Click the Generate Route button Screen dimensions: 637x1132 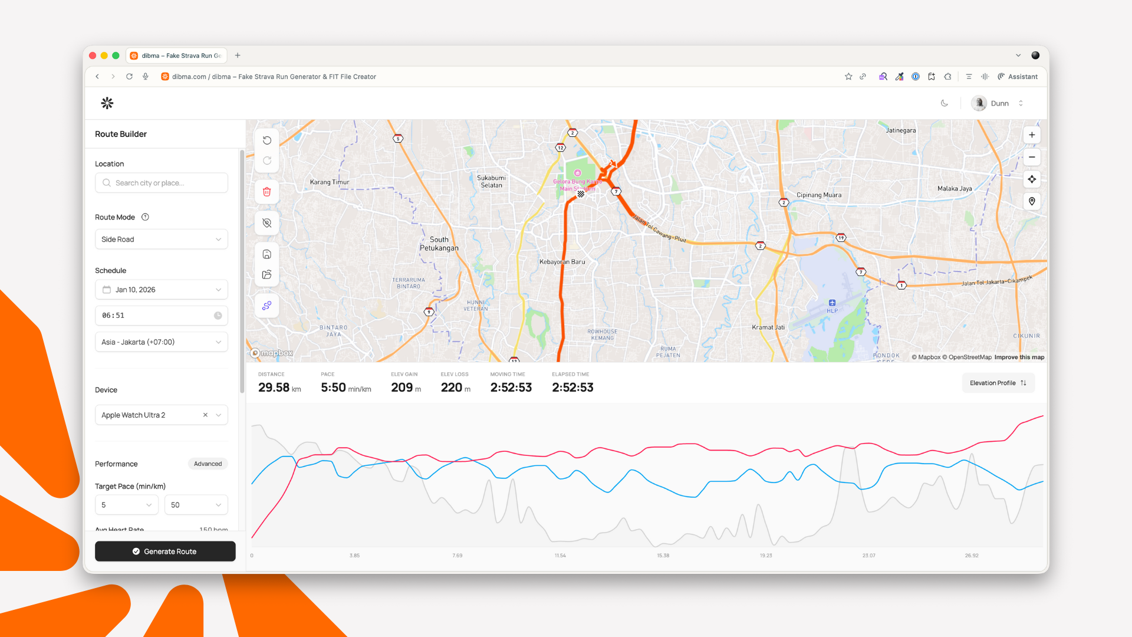point(165,551)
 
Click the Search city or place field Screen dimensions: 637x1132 point(162,183)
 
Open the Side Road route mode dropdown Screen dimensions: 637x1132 point(161,239)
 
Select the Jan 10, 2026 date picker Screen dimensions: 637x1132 point(161,290)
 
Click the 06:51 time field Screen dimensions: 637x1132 point(161,316)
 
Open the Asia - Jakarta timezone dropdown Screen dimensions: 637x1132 point(161,342)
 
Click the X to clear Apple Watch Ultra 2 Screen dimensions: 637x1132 point(205,415)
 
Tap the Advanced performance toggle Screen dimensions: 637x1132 point(208,464)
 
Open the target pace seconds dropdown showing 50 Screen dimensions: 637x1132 point(196,505)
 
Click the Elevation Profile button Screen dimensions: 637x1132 point(998,383)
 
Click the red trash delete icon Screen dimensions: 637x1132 point(267,192)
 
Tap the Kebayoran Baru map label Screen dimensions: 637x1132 point(562,262)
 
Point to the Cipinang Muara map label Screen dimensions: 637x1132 point(819,195)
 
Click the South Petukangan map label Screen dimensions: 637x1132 point(439,244)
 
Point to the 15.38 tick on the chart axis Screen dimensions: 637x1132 point(663,556)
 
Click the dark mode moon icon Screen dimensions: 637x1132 point(944,103)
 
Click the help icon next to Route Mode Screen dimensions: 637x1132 point(145,217)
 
